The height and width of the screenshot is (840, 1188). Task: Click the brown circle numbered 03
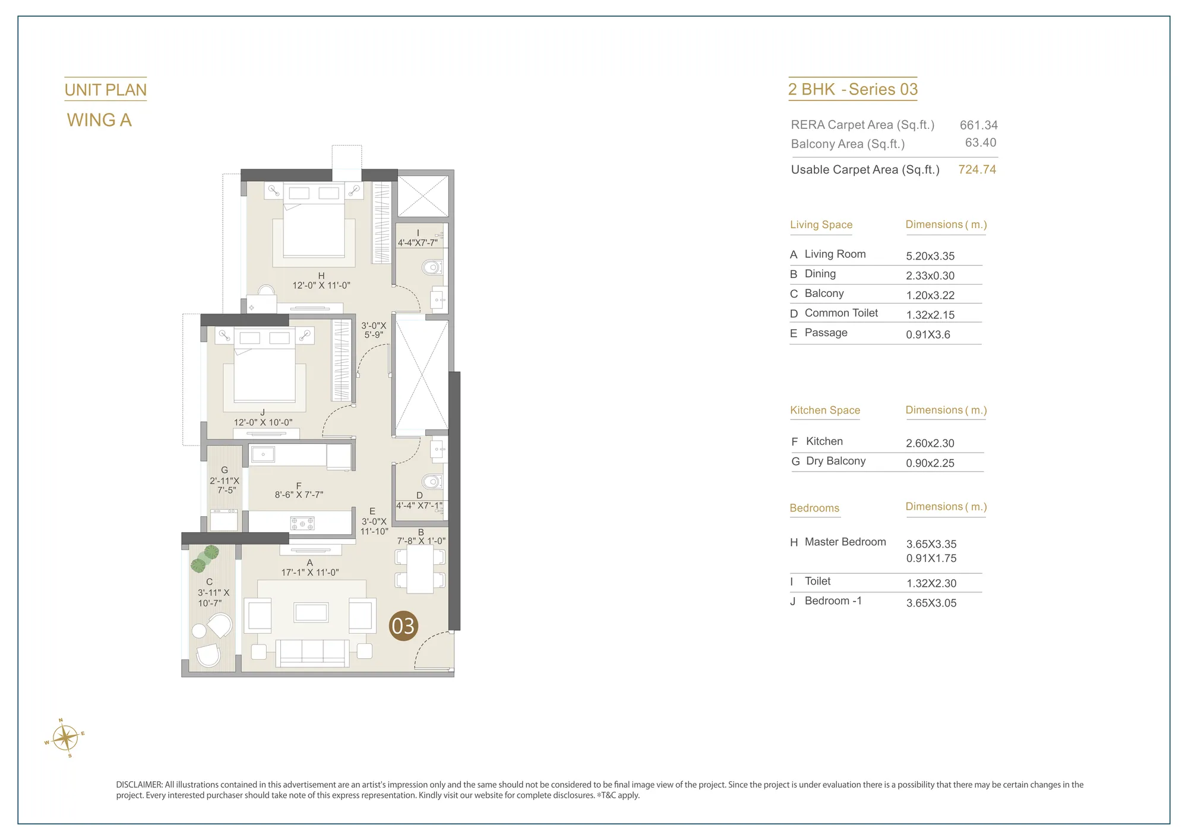(403, 626)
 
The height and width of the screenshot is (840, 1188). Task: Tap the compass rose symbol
(65, 738)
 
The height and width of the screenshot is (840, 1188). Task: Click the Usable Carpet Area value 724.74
(977, 169)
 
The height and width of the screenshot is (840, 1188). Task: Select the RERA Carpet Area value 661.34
(979, 125)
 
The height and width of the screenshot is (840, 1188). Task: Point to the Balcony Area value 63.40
(981, 143)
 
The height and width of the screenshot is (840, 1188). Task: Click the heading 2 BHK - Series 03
(853, 89)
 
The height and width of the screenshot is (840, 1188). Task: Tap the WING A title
(99, 120)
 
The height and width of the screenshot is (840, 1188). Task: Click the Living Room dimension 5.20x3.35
(930, 256)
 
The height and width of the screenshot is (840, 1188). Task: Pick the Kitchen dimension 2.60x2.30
(930, 443)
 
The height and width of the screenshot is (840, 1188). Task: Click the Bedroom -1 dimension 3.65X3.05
(931, 603)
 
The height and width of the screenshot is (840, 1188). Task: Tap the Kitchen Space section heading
(825, 410)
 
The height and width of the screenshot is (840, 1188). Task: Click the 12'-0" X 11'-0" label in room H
(321, 285)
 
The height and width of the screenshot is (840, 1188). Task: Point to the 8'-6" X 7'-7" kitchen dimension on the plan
(299, 494)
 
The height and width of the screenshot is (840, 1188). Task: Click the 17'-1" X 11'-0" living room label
(310, 573)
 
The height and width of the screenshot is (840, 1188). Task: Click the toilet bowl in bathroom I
(432, 267)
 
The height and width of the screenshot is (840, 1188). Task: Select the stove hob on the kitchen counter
(302, 523)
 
